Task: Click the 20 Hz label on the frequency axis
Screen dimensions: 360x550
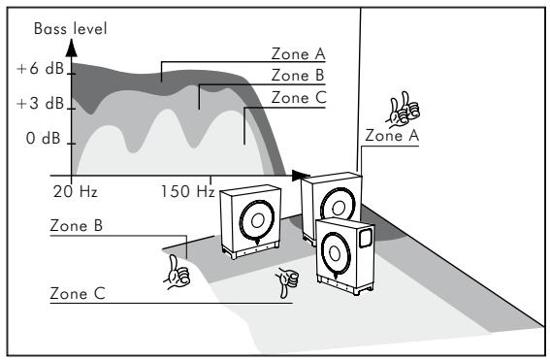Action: [75, 192]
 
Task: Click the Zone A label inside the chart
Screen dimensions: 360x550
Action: [299, 55]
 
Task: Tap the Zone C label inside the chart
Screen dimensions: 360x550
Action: [299, 97]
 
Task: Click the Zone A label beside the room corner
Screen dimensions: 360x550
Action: [391, 137]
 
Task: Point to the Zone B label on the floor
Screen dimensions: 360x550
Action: [77, 224]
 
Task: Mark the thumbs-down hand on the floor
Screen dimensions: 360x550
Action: [285, 282]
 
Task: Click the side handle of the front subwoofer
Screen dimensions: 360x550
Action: [366, 237]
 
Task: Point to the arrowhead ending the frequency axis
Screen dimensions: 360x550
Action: [303, 178]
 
